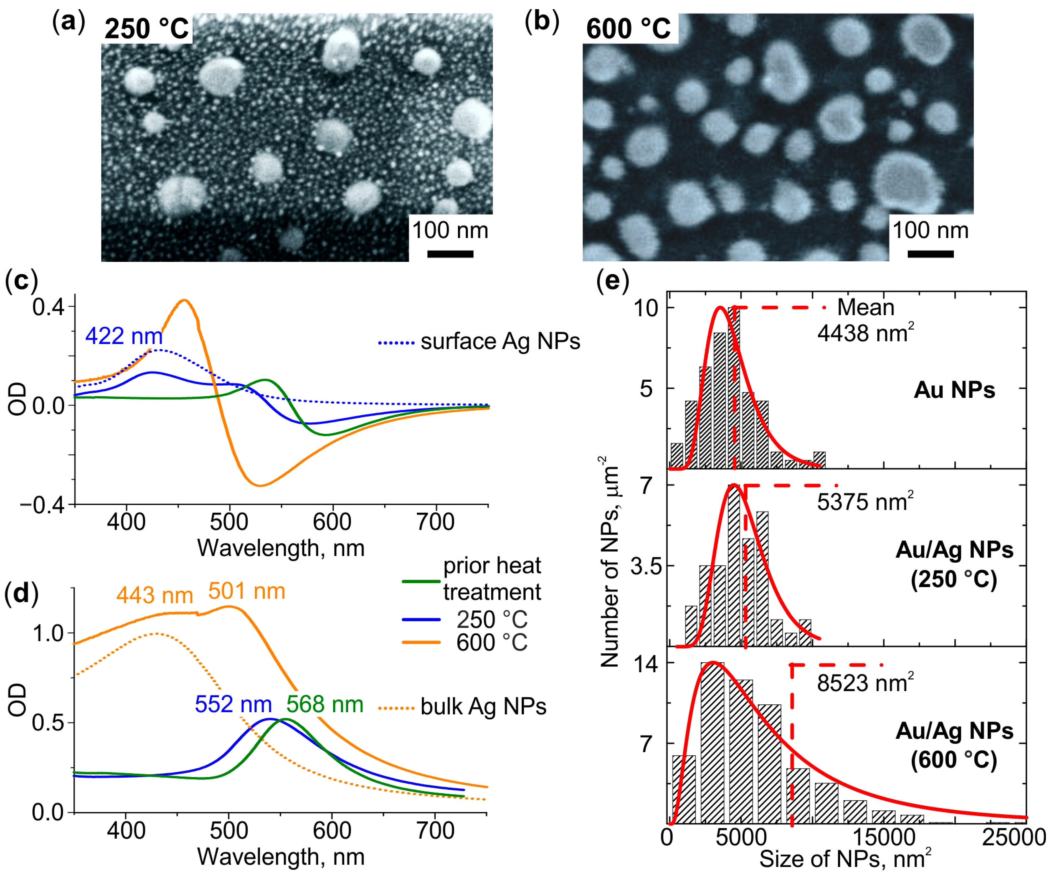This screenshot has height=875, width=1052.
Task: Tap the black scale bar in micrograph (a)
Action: [x=450, y=254]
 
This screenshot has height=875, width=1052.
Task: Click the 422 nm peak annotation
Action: [x=124, y=336]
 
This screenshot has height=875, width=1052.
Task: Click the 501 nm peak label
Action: [x=247, y=591]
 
